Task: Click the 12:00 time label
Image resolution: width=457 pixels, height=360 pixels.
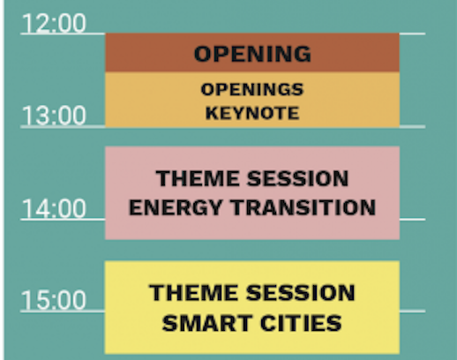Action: tap(54, 23)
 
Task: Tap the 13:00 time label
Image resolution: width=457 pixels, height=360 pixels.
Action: tap(54, 116)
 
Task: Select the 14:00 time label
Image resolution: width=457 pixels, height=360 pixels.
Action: tap(54, 208)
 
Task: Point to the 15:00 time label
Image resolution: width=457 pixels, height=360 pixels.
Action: tap(54, 300)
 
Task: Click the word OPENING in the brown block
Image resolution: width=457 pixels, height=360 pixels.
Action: tap(252, 54)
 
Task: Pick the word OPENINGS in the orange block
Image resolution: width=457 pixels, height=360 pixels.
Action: tap(252, 89)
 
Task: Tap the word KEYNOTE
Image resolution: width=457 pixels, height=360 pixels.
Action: tap(252, 113)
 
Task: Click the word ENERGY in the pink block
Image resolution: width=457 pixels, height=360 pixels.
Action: tap(176, 207)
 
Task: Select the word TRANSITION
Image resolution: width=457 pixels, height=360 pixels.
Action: tap(303, 207)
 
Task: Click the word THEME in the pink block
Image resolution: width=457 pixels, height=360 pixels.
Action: tap(198, 178)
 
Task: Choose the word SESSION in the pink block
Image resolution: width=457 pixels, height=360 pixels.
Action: tap(298, 178)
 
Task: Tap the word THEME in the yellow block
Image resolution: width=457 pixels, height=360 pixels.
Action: tap(193, 293)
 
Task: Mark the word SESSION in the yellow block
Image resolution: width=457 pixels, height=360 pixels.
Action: tap(301, 293)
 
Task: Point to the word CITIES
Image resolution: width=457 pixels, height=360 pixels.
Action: tap(301, 323)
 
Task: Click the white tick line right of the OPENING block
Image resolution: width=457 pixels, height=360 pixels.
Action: tap(412, 34)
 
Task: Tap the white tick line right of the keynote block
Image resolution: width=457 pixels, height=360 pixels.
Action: tap(412, 127)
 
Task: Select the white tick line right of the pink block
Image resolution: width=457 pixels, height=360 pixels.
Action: tap(412, 220)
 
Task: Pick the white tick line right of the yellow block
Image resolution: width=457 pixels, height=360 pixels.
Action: tap(412, 311)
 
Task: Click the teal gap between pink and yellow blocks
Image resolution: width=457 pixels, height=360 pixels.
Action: tap(252, 250)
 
